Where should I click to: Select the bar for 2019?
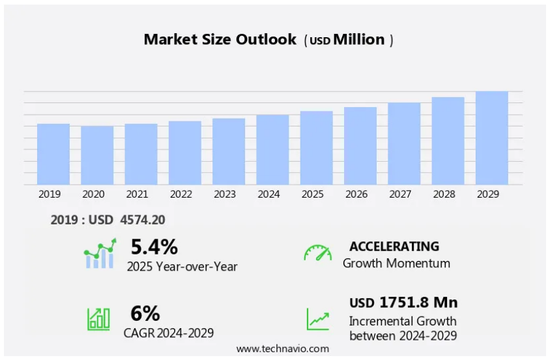coord(53,154)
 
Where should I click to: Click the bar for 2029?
coord(491,138)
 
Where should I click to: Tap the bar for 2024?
coord(272,149)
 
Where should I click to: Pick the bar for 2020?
coord(97,155)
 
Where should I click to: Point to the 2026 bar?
coord(360,145)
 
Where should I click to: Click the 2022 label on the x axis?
coord(181,194)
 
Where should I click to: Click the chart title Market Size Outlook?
coord(220,39)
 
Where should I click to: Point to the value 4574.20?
coord(143,220)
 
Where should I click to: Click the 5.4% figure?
coord(154,247)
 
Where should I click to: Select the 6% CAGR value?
coord(145,314)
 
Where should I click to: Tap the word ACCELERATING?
coord(394,247)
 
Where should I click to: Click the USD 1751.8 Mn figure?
coord(403,303)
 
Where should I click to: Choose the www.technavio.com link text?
coord(282,349)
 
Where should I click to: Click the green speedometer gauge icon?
coord(317,253)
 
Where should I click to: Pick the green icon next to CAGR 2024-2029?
coord(98,318)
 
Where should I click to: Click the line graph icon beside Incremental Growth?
coord(318,319)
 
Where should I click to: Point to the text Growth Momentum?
coord(396,264)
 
